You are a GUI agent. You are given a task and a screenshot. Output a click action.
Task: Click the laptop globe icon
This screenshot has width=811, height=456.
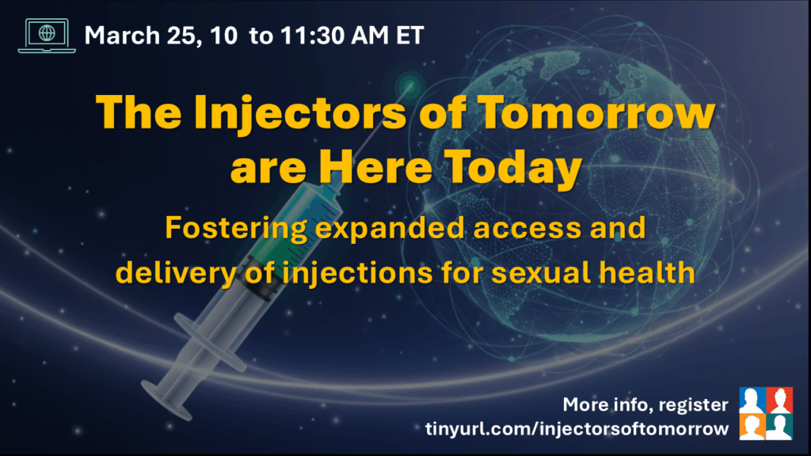coord(47,36)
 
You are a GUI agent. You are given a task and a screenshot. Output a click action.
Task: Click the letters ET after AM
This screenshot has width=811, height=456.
coord(409,36)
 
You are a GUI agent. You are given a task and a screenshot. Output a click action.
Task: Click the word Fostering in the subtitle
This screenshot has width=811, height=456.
coord(236,229)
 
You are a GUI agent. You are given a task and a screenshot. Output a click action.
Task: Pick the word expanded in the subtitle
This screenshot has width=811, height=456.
coord(390,229)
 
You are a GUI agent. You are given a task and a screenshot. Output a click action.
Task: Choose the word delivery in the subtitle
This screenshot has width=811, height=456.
coord(176,273)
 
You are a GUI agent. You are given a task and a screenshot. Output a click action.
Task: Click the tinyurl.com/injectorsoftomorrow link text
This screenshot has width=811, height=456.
coord(577,428)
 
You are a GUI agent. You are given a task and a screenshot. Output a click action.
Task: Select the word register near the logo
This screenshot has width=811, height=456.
coord(694,405)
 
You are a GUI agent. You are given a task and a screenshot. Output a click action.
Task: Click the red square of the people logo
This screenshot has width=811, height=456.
coord(779,400)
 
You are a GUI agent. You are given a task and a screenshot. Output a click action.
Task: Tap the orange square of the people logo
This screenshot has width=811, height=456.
coord(752,427)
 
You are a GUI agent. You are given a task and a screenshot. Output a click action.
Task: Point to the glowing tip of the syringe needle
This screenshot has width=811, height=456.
coord(409,85)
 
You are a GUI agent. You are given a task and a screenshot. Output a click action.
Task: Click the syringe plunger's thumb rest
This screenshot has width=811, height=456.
coord(166,401)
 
